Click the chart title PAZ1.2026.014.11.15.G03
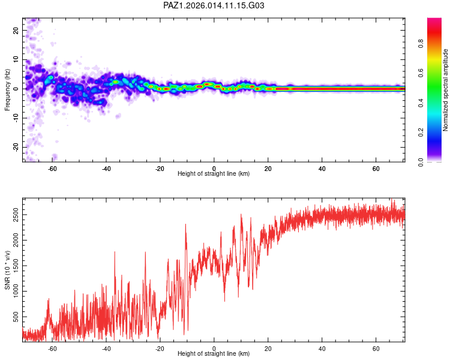pyautogui.click(x=214, y=6)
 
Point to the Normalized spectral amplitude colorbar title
pyautogui.click(x=445, y=90)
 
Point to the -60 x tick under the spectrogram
pyautogui.click(x=52, y=169)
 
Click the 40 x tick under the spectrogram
pyautogui.click(x=322, y=169)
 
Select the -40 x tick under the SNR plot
pyautogui.click(x=106, y=349)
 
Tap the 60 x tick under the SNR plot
pyautogui.click(x=376, y=349)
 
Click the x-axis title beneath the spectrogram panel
pyautogui.click(x=214, y=174)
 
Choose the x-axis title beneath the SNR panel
pyautogui.click(x=214, y=354)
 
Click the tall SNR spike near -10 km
pyautogui.click(x=186, y=225)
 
